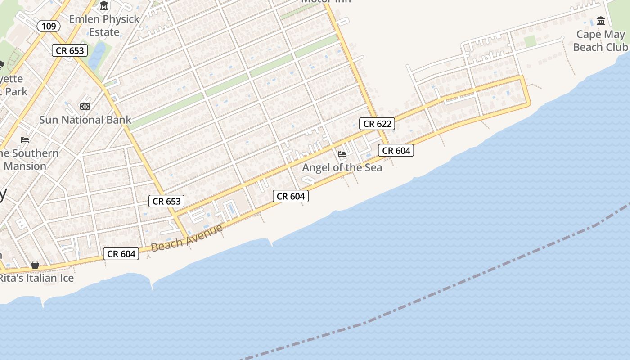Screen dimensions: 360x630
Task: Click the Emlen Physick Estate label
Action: [x=104, y=26]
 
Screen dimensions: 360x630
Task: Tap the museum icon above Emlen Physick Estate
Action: [x=104, y=6]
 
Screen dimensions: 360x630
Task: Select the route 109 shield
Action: [x=49, y=26]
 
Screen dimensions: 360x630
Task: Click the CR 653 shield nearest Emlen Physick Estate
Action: [x=70, y=50]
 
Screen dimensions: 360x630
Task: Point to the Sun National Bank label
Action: [x=85, y=120]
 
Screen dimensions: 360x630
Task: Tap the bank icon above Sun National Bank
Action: [x=85, y=107]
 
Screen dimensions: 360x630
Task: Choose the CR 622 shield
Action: [x=377, y=124]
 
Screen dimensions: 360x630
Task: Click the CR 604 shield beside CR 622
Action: [x=396, y=151]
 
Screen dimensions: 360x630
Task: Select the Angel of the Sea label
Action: [x=342, y=167]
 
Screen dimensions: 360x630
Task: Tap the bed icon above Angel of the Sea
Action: [x=342, y=154]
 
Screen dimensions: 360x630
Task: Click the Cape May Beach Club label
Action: [x=600, y=40]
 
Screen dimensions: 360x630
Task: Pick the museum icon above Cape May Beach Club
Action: [x=601, y=21]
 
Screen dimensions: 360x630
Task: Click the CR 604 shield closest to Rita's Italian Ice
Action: [x=121, y=254]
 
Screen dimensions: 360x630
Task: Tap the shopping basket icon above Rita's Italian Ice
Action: [x=35, y=265]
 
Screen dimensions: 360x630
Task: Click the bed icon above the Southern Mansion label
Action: [x=25, y=140]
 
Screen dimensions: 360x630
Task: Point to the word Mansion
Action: [x=25, y=166]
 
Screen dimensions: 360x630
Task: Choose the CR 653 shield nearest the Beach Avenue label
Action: [x=167, y=201]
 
